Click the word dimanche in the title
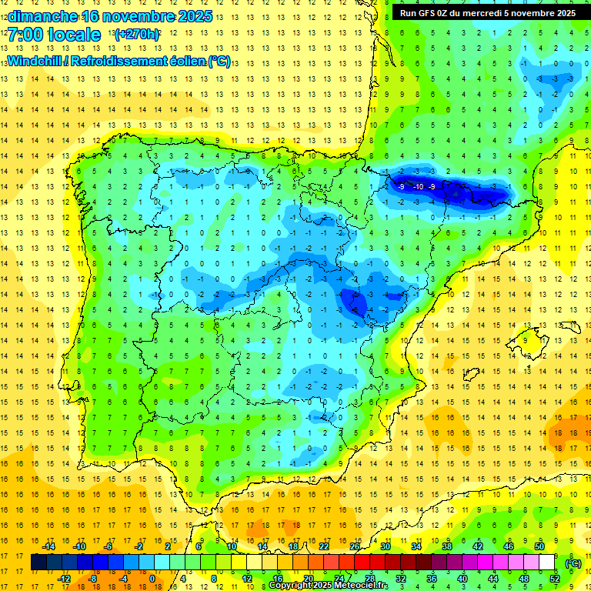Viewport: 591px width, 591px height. click(x=42, y=16)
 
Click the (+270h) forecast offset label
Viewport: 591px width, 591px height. click(x=138, y=35)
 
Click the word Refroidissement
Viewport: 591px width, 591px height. click(x=117, y=61)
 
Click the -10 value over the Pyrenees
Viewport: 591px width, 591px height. click(x=417, y=187)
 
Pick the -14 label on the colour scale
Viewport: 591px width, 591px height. click(x=48, y=546)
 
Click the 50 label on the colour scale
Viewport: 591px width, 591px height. click(x=539, y=546)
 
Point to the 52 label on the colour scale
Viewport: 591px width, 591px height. click(x=555, y=579)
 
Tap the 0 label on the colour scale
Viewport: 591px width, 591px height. click(x=152, y=579)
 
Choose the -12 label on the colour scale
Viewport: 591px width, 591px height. click(x=64, y=579)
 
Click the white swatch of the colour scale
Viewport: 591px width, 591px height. click(x=547, y=563)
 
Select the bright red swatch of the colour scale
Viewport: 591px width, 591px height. click(x=362, y=563)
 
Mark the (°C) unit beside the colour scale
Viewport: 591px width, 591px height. click(x=573, y=563)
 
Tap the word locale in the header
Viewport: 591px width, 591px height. click(x=73, y=35)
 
